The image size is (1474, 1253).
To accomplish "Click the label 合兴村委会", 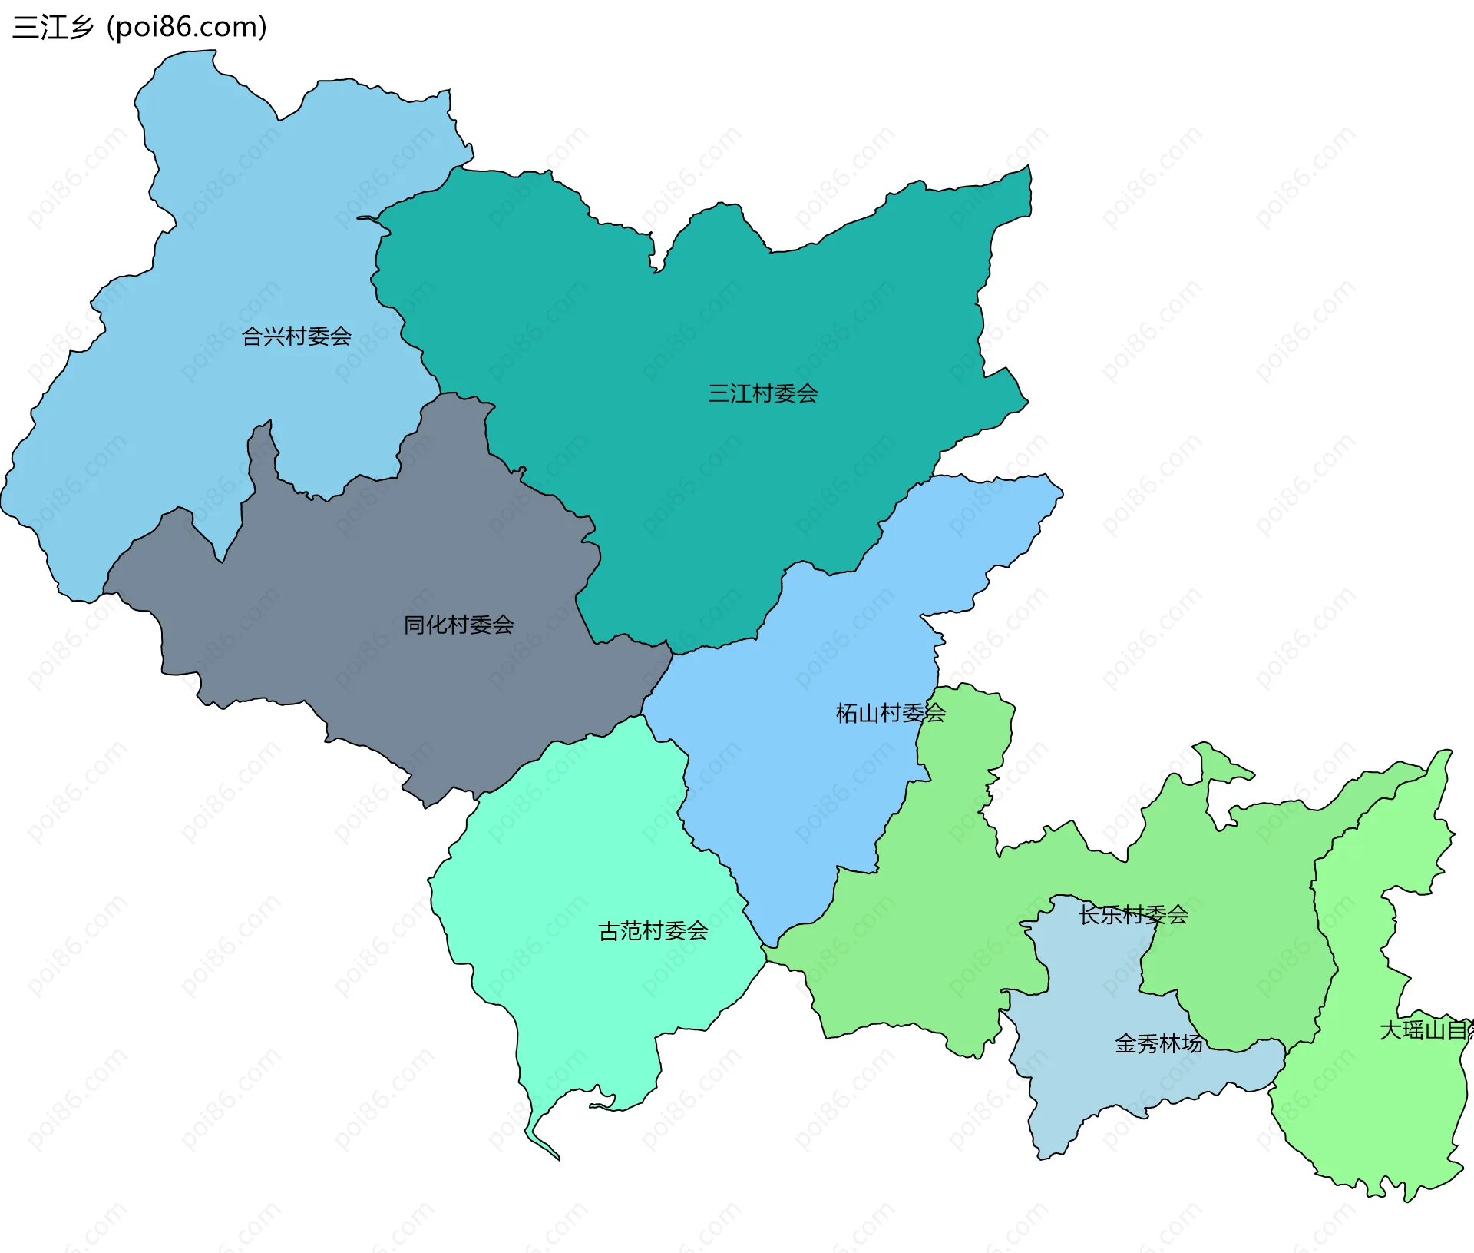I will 296,336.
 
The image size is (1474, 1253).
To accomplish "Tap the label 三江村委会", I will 762,394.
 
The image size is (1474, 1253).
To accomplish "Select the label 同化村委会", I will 458,625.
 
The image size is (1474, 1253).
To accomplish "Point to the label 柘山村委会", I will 890,713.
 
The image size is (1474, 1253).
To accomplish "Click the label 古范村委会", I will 653,931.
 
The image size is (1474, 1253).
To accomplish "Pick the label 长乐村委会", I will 1133,915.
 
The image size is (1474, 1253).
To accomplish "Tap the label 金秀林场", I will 1158,1043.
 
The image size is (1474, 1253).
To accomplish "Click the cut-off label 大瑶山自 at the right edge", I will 1426,1030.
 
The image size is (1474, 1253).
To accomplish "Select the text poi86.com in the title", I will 187,27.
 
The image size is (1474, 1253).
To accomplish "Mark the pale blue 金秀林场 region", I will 1090,1076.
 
